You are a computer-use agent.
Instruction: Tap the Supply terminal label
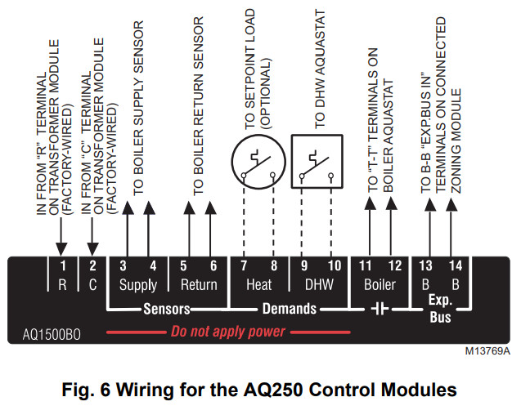coord(138,285)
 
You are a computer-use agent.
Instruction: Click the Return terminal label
coord(199,285)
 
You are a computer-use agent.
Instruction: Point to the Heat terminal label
coord(259,285)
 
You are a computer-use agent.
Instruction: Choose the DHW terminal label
coord(319,285)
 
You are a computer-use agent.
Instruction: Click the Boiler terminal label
coord(380,285)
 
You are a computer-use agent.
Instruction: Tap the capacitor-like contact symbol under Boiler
coord(380,310)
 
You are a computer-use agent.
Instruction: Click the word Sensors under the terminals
coord(168,310)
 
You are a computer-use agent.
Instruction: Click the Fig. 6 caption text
coord(261,386)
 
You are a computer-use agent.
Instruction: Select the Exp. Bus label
coord(440,310)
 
